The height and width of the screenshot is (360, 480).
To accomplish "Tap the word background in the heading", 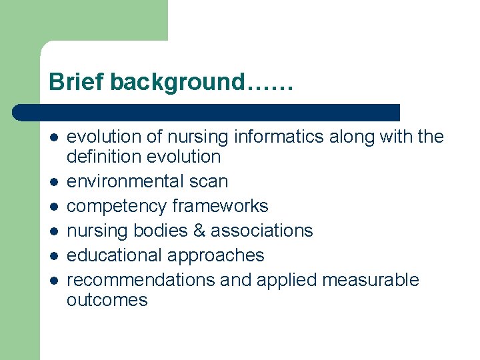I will pos(177,83).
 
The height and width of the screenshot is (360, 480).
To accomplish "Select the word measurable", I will pos(371,280).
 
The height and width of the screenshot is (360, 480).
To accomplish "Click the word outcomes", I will pos(107,300).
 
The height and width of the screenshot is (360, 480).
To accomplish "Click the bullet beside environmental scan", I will pos(54,181).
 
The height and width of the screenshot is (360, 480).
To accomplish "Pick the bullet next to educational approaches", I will pos(54,255).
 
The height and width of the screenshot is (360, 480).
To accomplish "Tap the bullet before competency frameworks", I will pos(54,206).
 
